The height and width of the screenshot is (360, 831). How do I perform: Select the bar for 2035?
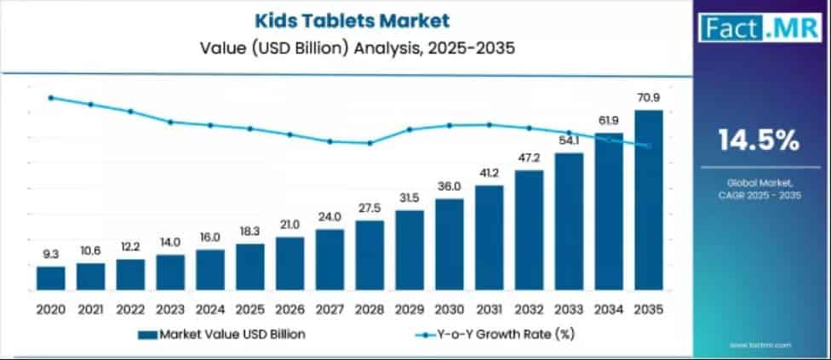click(x=649, y=200)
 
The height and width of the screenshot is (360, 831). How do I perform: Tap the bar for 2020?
click(x=50, y=278)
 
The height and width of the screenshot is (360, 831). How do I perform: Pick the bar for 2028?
click(x=370, y=255)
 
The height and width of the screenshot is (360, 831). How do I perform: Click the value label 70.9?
click(x=649, y=99)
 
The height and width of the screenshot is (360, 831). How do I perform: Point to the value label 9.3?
click(x=50, y=254)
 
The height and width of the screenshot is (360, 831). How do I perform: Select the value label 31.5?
click(x=410, y=198)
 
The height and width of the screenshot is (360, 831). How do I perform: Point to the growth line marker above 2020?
click(x=50, y=98)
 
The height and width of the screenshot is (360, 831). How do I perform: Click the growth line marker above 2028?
click(x=370, y=143)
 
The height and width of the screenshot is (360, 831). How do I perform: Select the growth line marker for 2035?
click(x=649, y=146)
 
